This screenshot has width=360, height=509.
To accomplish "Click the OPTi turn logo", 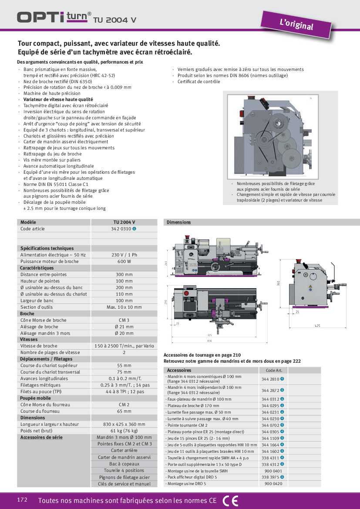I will [x=54, y=17].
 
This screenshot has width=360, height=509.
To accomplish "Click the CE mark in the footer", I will [x=230, y=501].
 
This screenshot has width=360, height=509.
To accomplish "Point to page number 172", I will [x=22, y=500].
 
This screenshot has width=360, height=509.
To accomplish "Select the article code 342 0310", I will [x=121, y=229].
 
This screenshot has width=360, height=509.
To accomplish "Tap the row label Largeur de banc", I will [x=37, y=300].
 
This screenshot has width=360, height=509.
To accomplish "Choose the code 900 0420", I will [x=273, y=484].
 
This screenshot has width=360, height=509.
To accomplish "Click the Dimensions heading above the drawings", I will [x=178, y=222].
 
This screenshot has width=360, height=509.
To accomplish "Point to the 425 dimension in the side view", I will [x=317, y=326].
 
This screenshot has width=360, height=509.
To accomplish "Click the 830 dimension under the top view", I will [x=210, y=341].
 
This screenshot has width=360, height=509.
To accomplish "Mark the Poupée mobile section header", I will [x=36, y=398].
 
